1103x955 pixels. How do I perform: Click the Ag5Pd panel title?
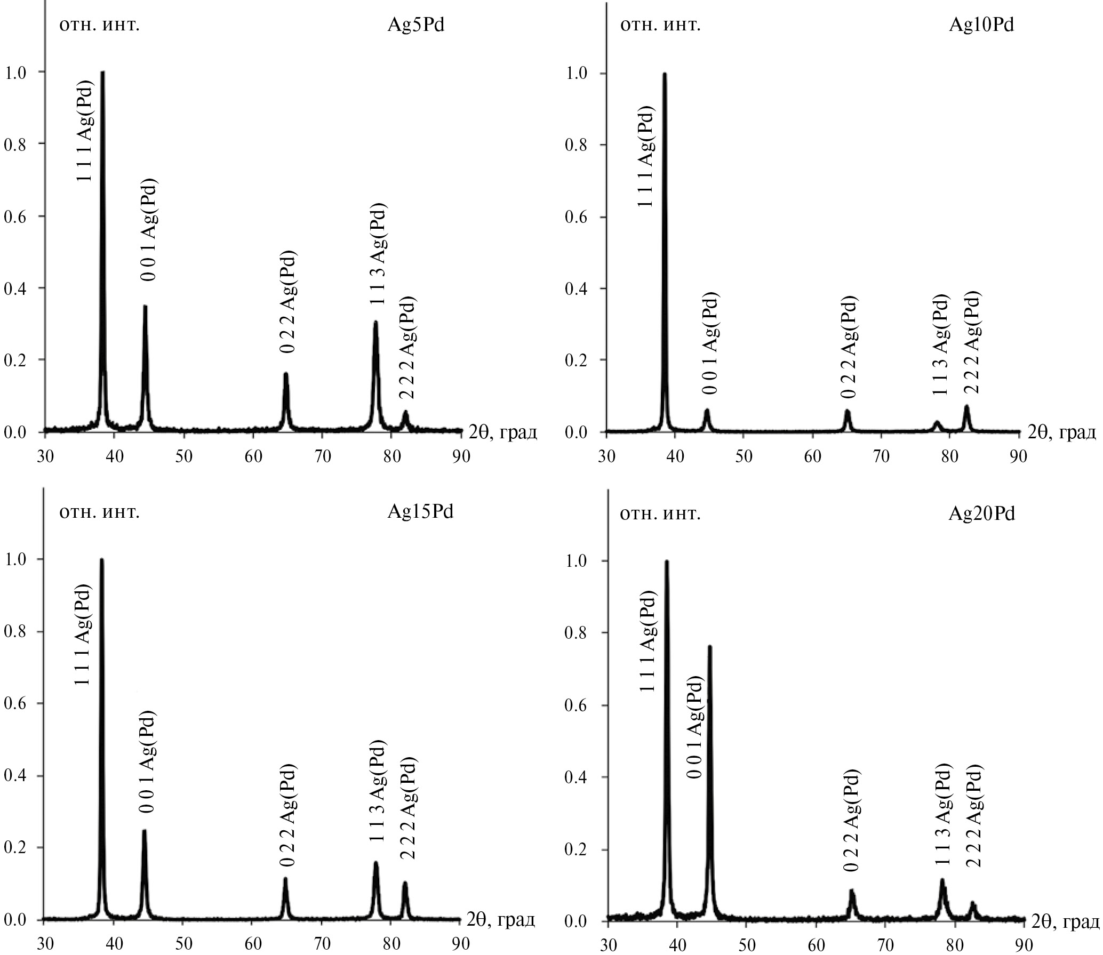[415, 26]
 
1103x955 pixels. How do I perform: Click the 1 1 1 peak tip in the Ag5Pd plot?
[102, 72]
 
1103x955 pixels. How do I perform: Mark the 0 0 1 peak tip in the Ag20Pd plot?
[709, 647]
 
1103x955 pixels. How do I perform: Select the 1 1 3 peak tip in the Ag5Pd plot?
[375, 322]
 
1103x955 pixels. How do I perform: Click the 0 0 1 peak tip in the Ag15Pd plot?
[144, 831]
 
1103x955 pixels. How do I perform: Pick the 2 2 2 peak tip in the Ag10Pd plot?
[966, 407]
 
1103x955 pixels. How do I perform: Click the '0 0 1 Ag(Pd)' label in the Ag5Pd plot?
[149, 230]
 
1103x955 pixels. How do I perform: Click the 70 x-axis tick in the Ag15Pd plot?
[322, 943]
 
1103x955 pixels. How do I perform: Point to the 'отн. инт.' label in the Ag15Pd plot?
[100, 512]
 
